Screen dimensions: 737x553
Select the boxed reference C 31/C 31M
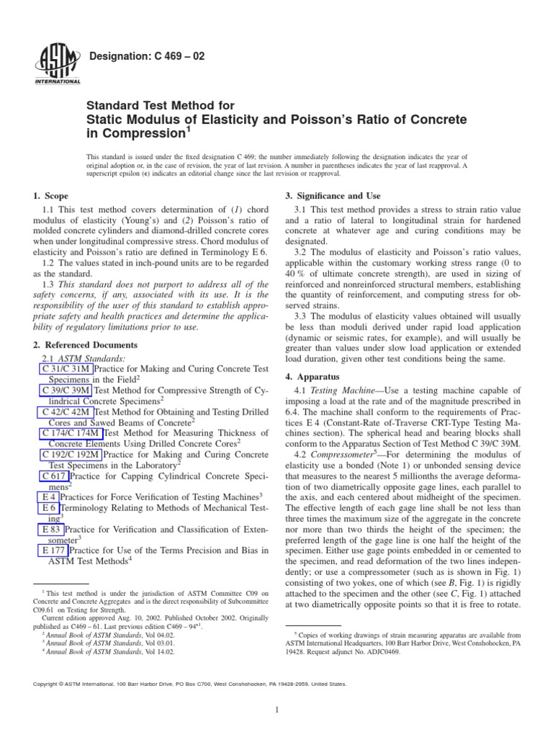(63, 369)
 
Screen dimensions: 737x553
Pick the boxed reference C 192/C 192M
(71, 456)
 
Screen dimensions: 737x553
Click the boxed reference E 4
(46, 497)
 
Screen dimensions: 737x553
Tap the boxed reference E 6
(46, 509)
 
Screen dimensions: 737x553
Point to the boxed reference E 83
(49, 530)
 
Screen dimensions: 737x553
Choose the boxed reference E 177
(52, 551)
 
